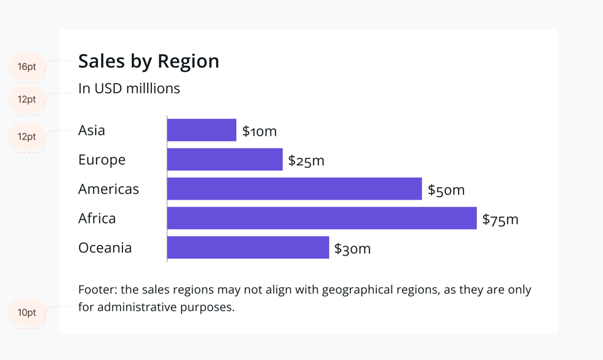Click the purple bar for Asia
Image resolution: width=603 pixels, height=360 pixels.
[202, 130]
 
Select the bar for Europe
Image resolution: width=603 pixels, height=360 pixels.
[225, 160]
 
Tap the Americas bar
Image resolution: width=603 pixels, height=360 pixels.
[294, 188]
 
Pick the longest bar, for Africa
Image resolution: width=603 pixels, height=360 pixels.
[322, 218]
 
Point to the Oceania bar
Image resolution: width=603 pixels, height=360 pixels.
[248, 248]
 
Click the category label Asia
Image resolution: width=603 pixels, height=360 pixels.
[92, 130]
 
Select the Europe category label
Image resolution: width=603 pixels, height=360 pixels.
[102, 160]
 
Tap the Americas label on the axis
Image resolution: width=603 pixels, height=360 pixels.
[109, 188]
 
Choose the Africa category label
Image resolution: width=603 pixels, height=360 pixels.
[97, 218]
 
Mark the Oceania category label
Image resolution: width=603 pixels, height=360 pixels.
[105, 248]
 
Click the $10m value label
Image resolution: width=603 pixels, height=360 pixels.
[259, 131]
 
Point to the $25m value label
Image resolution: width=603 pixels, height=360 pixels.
[306, 161]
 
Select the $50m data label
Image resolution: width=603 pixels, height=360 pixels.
[446, 190]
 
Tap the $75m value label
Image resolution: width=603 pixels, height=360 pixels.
[500, 219]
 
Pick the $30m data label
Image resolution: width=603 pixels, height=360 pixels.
[352, 249]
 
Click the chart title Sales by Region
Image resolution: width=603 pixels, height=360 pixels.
[149, 61]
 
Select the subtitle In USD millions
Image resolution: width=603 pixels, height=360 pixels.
[129, 89]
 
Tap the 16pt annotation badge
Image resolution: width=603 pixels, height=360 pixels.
[27, 67]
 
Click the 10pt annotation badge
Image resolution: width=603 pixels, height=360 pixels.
[27, 312]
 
